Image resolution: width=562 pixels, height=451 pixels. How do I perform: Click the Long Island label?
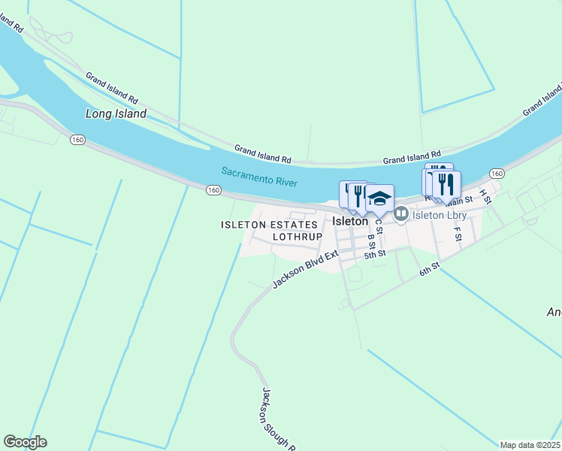(x=116, y=114)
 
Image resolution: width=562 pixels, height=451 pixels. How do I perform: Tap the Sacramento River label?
(x=260, y=177)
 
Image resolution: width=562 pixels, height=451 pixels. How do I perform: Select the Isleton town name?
(x=350, y=222)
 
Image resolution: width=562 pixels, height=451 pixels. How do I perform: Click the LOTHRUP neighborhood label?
(x=297, y=236)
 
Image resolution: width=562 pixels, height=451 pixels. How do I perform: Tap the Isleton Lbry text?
(x=440, y=215)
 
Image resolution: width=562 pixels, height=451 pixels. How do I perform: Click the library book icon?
(x=401, y=214)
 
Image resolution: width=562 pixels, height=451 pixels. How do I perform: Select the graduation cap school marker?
(x=379, y=198)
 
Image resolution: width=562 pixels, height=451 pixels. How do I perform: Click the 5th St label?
(x=375, y=254)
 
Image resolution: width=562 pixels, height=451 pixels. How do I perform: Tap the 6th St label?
(x=429, y=268)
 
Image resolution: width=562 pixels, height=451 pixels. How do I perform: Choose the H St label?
(x=485, y=197)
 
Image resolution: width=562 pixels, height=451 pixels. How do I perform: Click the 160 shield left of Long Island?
(x=77, y=139)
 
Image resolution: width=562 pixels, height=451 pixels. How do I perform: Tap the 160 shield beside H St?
(x=497, y=173)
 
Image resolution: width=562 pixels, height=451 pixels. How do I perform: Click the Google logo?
(x=25, y=442)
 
